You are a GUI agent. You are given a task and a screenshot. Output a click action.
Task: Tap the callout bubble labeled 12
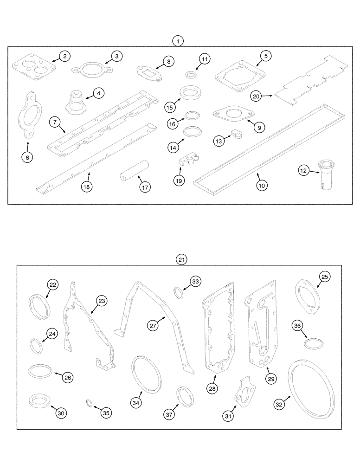(303, 171)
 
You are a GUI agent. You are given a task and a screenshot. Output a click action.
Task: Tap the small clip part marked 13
(237, 135)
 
